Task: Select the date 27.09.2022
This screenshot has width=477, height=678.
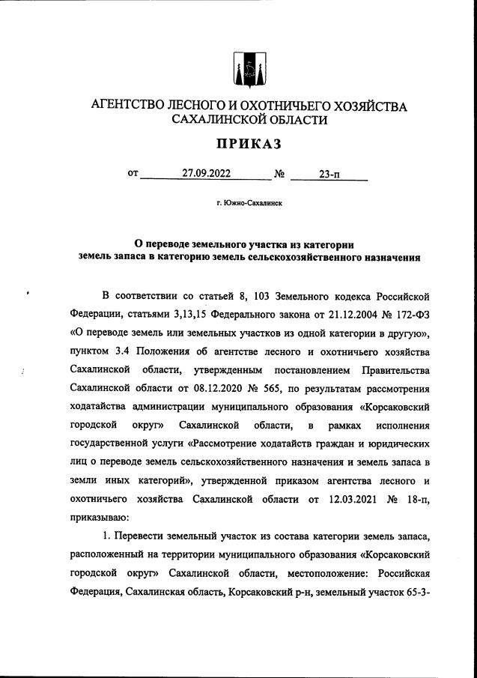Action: [206, 175]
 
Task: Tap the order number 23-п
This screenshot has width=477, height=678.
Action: [329, 175]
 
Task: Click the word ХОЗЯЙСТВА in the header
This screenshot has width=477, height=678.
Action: [365, 106]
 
